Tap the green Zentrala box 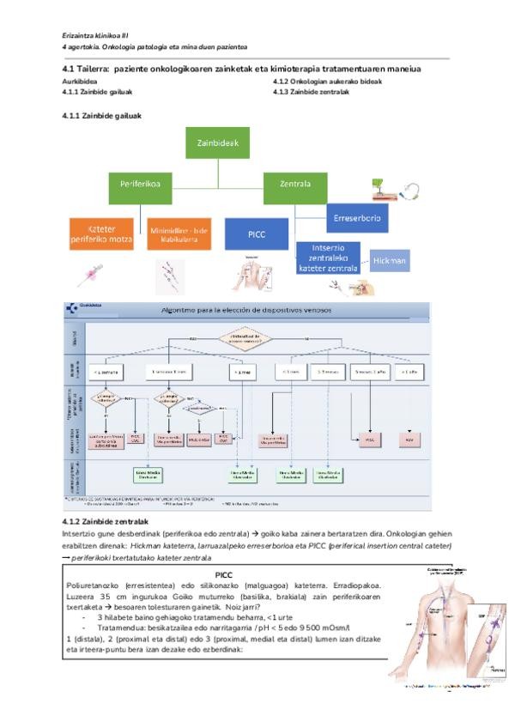(x=294, y=184)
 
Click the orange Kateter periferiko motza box (x=100, y=234)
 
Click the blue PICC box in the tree (x=257, y=234)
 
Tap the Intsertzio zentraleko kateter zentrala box (x=328, y=258)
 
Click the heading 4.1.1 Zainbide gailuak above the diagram (x=101, y=114)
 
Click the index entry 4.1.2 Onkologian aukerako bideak (x=327, y=81)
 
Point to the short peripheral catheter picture (x=89, y=275)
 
